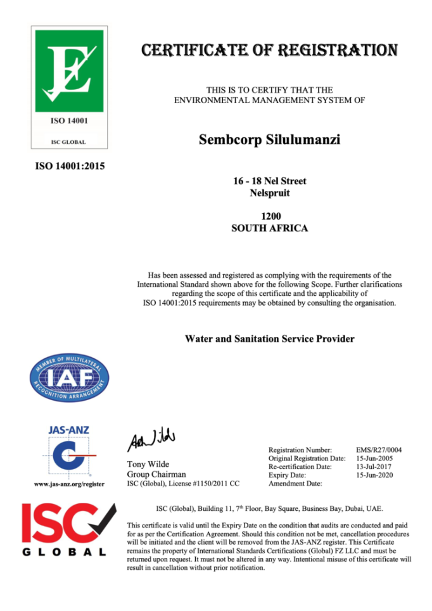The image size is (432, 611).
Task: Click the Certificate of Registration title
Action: [269, 49]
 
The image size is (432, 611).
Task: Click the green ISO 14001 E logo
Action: [69, 70]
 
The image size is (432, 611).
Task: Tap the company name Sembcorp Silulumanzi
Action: [269, 139]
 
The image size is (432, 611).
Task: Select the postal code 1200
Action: [270, 217]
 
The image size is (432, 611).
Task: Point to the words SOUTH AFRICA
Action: [270, 228]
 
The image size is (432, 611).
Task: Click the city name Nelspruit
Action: [270, 194]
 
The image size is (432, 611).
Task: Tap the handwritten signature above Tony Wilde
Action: [151, 438]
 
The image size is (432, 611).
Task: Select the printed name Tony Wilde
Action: [148, 464]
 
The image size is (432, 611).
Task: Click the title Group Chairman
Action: [156, 474]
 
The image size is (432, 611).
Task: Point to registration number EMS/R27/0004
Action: [379, 450]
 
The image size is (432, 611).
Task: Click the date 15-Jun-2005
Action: [374, 458]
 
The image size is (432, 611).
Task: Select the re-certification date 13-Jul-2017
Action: [374, 467]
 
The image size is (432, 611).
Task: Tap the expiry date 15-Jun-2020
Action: [374, 475]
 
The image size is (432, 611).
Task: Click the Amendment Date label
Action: [295, 483]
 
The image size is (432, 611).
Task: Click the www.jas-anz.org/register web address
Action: [69, 484]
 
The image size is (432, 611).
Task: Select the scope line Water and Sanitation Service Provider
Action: [269, 339]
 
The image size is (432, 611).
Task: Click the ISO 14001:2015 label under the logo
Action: [69, 167]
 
